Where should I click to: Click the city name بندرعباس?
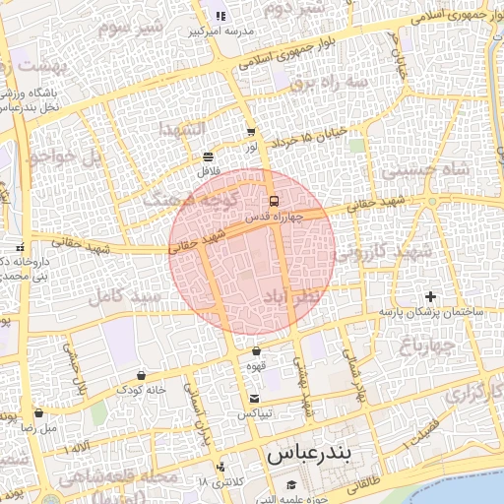[309, 456]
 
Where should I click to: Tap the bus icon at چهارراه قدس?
[273, 201]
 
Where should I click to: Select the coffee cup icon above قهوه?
[256, 351]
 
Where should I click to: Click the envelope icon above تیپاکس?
[256, 399]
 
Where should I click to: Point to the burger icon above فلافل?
[208, 157]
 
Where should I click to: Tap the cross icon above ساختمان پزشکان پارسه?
[429, 296]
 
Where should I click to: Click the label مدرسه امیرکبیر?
[227, 31]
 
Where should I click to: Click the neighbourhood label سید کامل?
[124, 295]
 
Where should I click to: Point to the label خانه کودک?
[145, 390]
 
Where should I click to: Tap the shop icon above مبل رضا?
[38, 413]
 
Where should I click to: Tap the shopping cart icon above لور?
[251, 131]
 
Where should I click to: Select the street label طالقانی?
[361, 482]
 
